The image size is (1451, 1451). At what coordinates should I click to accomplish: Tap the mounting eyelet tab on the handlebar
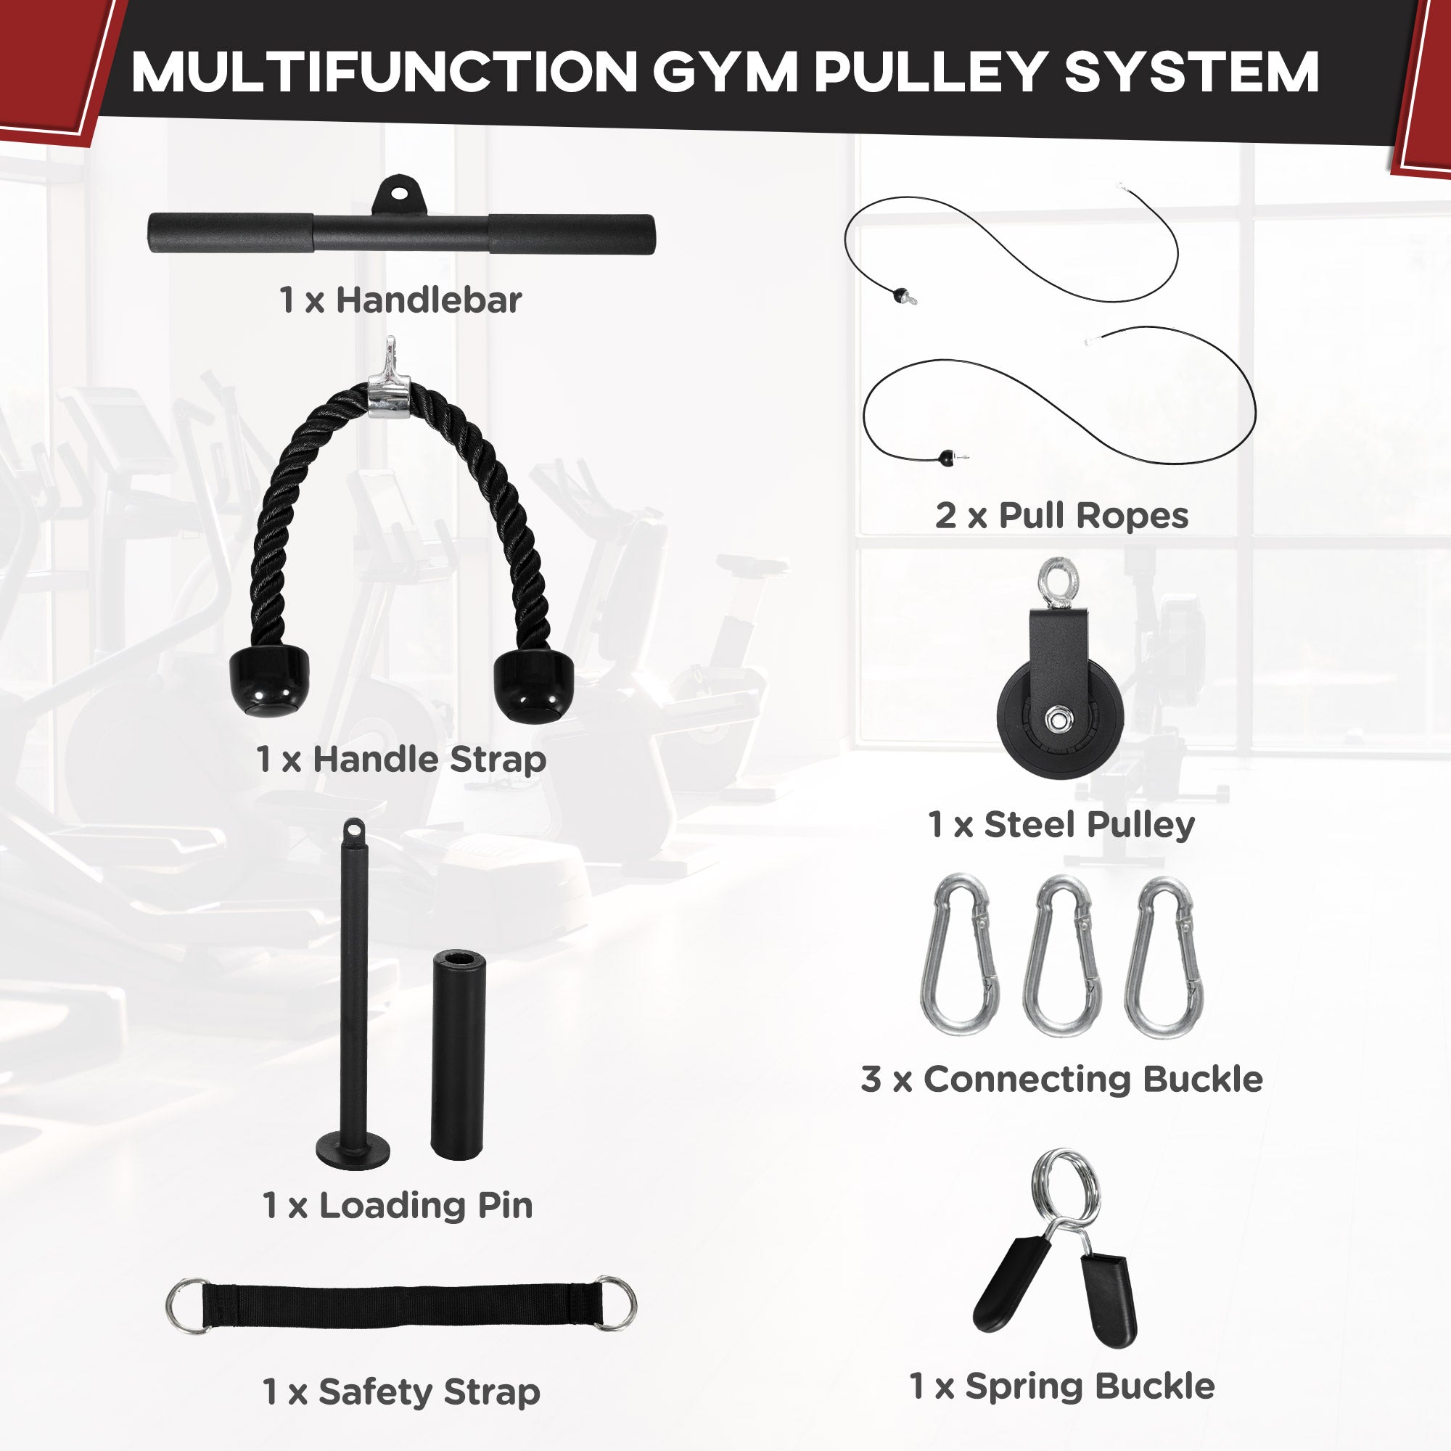point(400,196)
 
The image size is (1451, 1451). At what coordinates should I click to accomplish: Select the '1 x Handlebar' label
point(400,300)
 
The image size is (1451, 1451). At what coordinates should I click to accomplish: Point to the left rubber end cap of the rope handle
point(269,681)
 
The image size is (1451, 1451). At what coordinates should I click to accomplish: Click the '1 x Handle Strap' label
point(400,760)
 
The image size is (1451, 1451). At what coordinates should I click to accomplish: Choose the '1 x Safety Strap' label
point(401,1392)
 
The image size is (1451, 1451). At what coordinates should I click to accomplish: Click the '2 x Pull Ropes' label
point(1061,516)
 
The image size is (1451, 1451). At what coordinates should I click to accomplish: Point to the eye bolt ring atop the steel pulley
point(1058,580)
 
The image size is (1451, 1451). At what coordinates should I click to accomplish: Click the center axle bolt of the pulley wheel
point(1058,720)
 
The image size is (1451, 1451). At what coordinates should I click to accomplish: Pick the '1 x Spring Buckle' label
point(1061,1386)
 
